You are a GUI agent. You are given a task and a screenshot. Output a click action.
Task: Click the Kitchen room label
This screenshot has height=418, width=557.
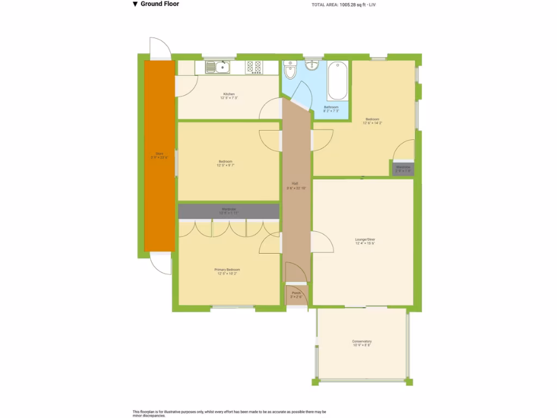pyautogui.click(x=228, y=94)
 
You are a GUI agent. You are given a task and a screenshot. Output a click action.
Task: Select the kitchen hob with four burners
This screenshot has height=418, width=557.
pyautogui.click(x=253, y=67)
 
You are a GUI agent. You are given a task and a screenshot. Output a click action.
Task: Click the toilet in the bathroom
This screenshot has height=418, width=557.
pyautogui.click(x=290, y=70)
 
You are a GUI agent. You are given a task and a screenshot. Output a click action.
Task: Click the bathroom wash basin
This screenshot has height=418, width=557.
pyautogui.click(x=312, y=66)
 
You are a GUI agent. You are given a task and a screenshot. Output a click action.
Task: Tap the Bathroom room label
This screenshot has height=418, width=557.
pyautogui.click(x=331, y=107)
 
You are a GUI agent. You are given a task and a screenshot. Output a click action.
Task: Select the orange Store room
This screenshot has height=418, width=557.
pyautogui.click(x=159, y=155)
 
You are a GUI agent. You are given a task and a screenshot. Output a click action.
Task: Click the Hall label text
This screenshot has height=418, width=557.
pyautogui.click(x=295, y=183)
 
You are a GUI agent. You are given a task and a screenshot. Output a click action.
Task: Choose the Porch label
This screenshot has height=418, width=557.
pyautogui.click(x=296, y=293)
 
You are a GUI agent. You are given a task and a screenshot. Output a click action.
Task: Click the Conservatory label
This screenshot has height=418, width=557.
pyautogui.click(x=362, y=341)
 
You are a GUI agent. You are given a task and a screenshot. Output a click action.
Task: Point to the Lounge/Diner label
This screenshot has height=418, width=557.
pyautogui.click(x=365, y=239)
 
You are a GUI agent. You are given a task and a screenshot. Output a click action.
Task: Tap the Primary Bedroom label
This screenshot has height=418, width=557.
pyautogui.click(x=227, y=269)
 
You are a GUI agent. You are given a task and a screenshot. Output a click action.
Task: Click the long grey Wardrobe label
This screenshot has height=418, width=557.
pyautogui.click(x=228, y=210)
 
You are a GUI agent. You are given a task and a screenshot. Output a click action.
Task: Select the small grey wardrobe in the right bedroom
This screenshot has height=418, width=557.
pyautogui.click(x=403, y=168)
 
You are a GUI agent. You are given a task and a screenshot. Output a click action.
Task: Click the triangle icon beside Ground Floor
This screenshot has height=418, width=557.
pyautogui.click(x=135, y=4)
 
